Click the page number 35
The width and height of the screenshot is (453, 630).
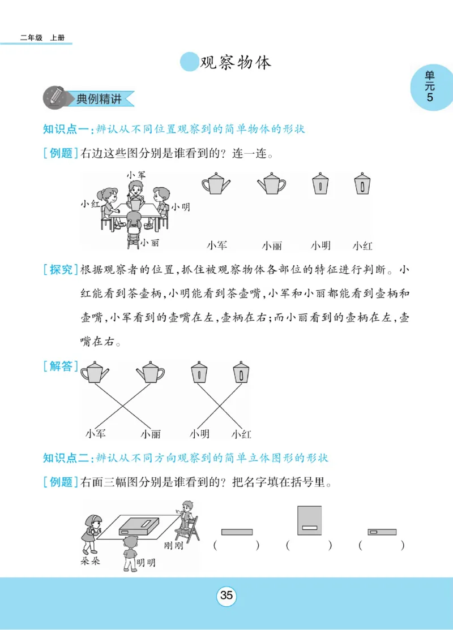pyautogui.click(x=226, y=596)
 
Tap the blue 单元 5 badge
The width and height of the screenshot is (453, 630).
pyautogui.click(x=430, y=88)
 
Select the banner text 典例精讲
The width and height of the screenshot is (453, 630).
pyautogui.click(x=99, y=99)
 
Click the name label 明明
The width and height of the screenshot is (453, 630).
pyautogui.click(x=146, y=563)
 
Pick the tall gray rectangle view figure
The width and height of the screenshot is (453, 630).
pyautogui.click(x=309, y=520)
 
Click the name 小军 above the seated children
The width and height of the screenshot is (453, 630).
pyautogui.click(x=136, y=175)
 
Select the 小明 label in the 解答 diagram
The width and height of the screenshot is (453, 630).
pyautogui.click(x=199, y=434)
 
